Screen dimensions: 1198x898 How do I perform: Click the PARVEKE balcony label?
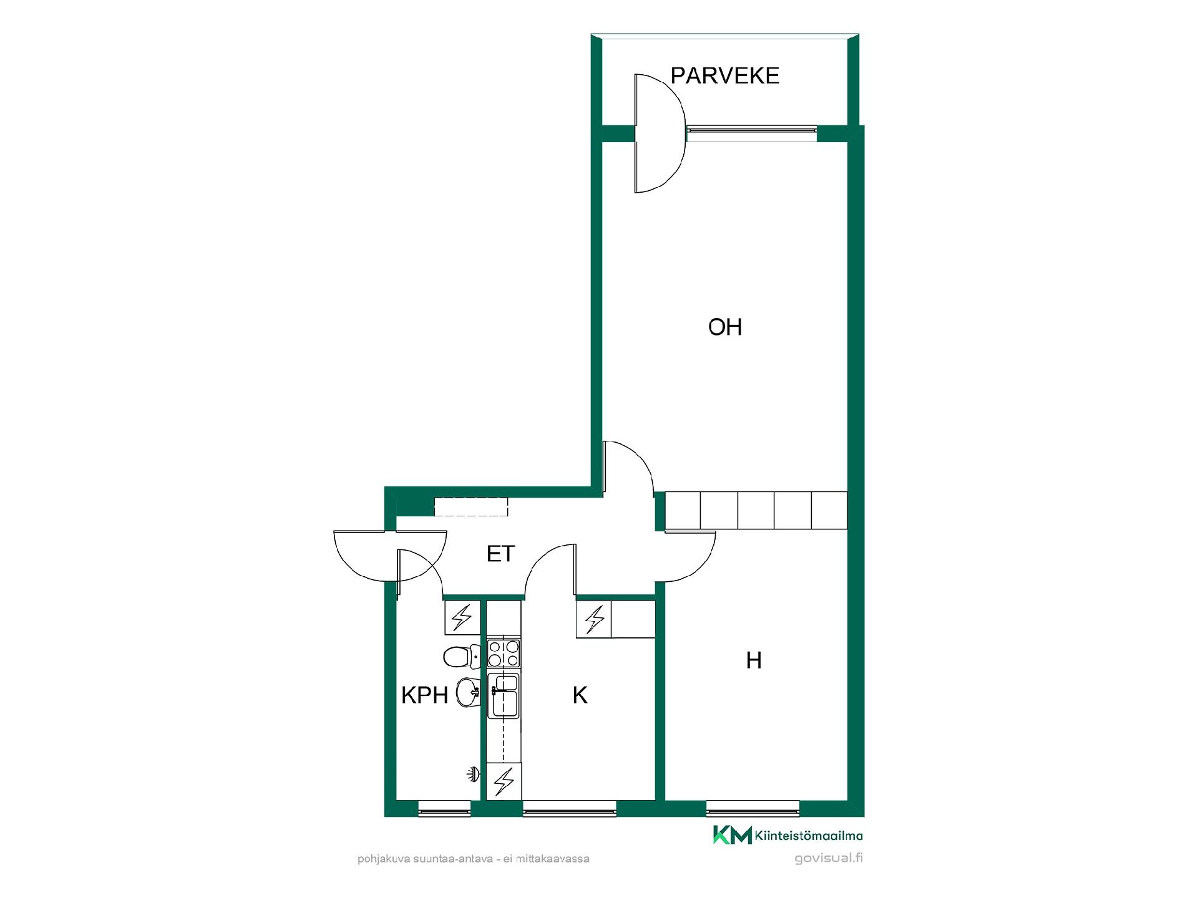[x=724, y=75]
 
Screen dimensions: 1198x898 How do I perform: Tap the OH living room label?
[x=725, y=327]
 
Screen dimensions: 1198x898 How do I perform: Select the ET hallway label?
[x=500, y=553]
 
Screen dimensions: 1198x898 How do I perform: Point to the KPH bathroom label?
[x=424, y=695]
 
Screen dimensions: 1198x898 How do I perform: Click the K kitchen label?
[x=580, y=695]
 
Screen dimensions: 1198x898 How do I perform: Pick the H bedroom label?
[x=754, y=660]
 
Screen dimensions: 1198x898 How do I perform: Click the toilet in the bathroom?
[x=461, y=656]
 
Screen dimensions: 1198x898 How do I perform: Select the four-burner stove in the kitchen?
[x=504, y=653]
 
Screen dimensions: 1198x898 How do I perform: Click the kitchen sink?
[x=504, y=696]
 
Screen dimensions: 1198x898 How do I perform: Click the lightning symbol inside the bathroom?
[x=462, y=617]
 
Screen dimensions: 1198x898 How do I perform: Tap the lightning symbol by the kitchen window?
[x=504, y=781]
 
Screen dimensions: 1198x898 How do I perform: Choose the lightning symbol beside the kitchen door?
[x=594, y=619]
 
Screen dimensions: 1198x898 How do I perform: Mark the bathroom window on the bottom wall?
[x=444, y=809]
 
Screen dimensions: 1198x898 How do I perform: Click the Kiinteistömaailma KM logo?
[x=788, y=836]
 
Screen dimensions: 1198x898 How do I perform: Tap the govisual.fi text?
[x=829, y=858]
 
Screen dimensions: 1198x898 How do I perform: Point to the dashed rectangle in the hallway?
[x=471, y=506]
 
